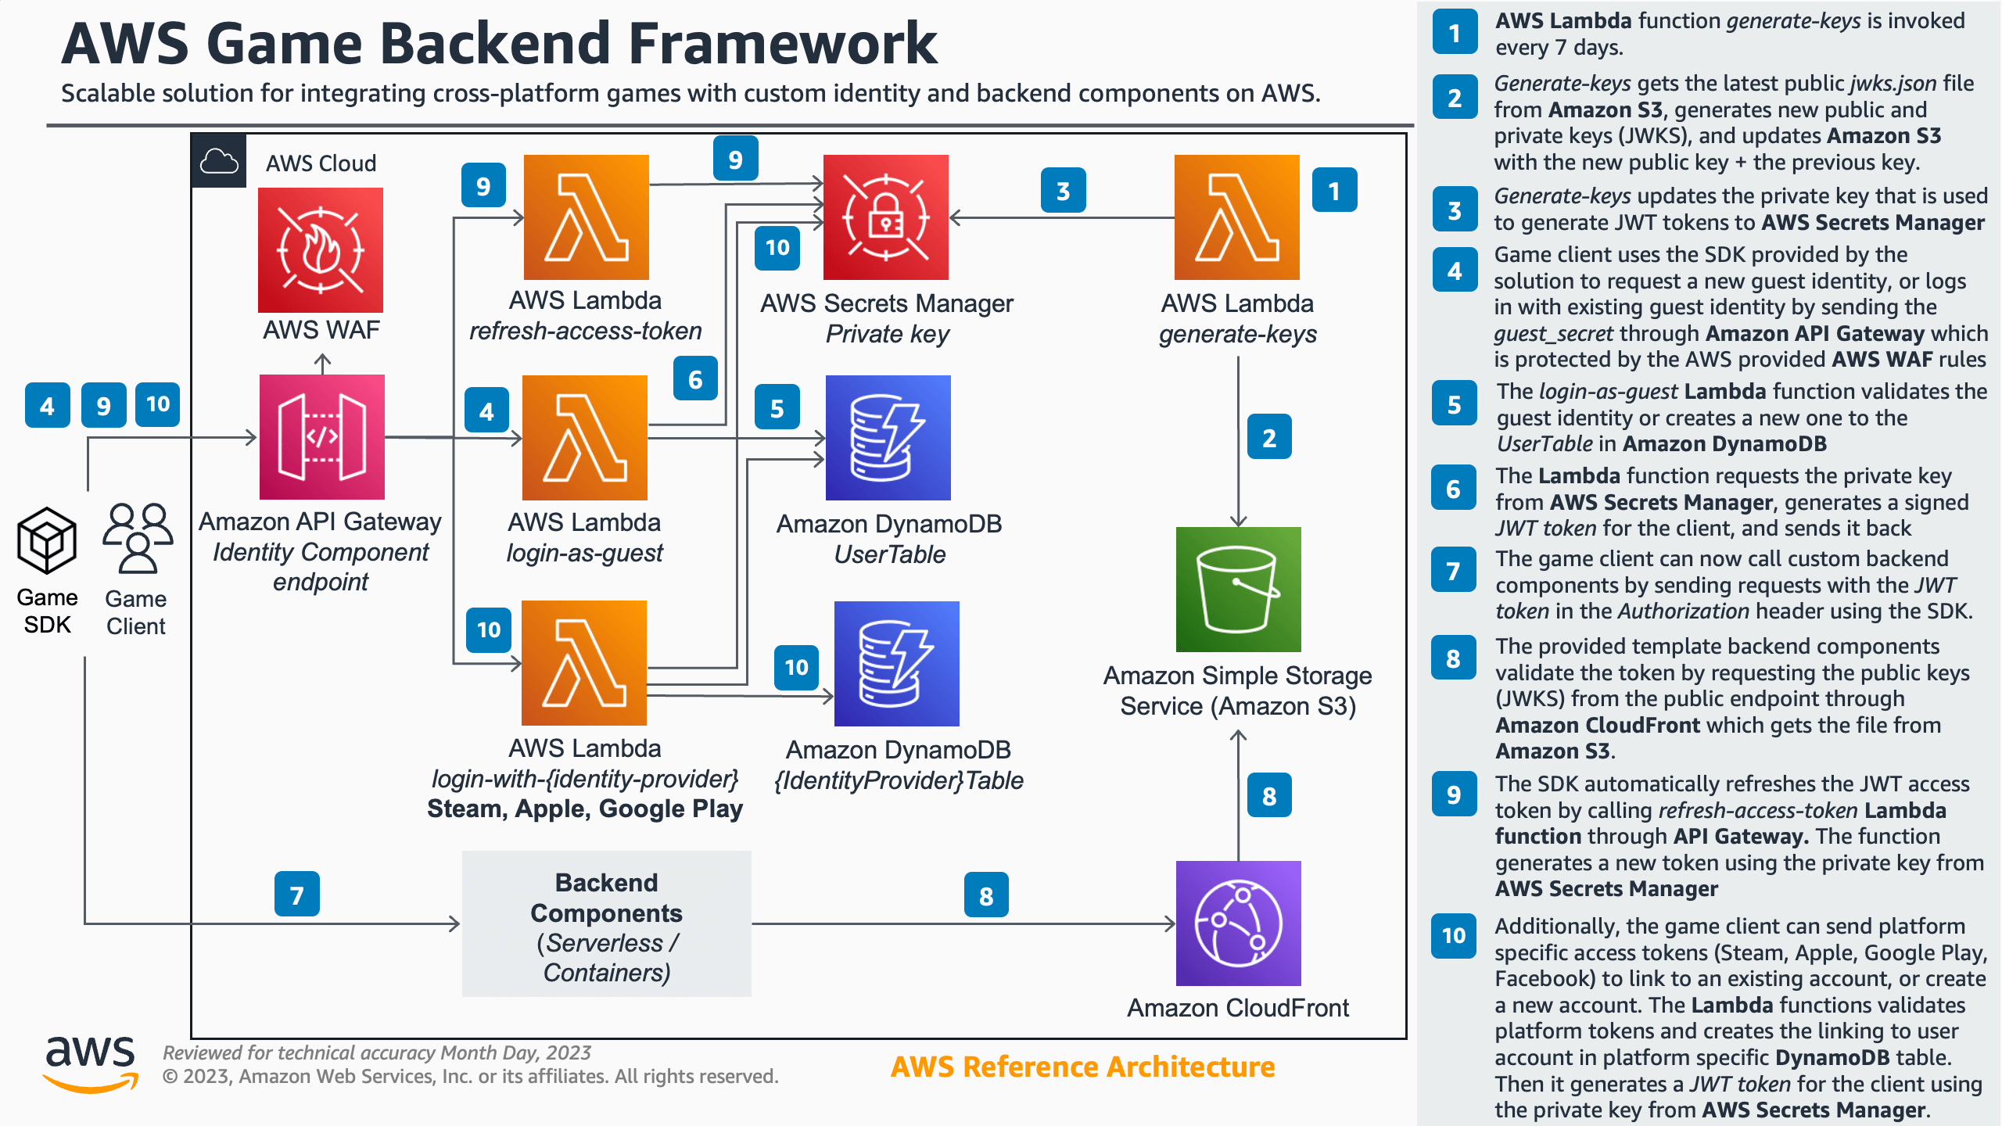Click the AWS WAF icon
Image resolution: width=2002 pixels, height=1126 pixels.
click(x=321, y=249)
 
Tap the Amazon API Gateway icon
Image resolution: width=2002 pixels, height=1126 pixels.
click(x=321, y=437)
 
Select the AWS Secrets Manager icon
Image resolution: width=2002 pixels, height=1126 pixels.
click(x=885, y=217)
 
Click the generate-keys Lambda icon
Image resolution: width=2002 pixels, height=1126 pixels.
click(x=1236, y=217)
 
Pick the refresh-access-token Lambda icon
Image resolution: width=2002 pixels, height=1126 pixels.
click(x=586, y=217)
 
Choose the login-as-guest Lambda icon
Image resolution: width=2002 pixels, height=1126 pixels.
click(x=584, y=438)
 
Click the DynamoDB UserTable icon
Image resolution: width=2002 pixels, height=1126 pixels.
click(x=888, y=438)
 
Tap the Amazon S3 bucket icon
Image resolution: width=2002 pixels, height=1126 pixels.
click(x=1238, y=589)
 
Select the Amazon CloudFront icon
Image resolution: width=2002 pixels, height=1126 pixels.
click(x=1238, y=923)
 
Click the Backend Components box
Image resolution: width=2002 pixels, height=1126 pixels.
click(x=606, y=924)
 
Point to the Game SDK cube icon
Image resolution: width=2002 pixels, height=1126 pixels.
click(x=47, y=540)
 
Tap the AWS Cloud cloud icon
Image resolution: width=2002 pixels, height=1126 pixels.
click(x=219, y=161)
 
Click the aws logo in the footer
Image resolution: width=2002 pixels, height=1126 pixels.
click(x=91, y=1063)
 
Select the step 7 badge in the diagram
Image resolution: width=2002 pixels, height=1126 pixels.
click(x=296, y=894)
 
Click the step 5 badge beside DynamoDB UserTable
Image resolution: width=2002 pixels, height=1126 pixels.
click(x=777, y=407)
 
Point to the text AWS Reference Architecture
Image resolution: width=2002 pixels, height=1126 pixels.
click(x=1082, y=1067)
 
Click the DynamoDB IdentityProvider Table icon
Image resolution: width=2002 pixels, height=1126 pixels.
click(x=896, y=664)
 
